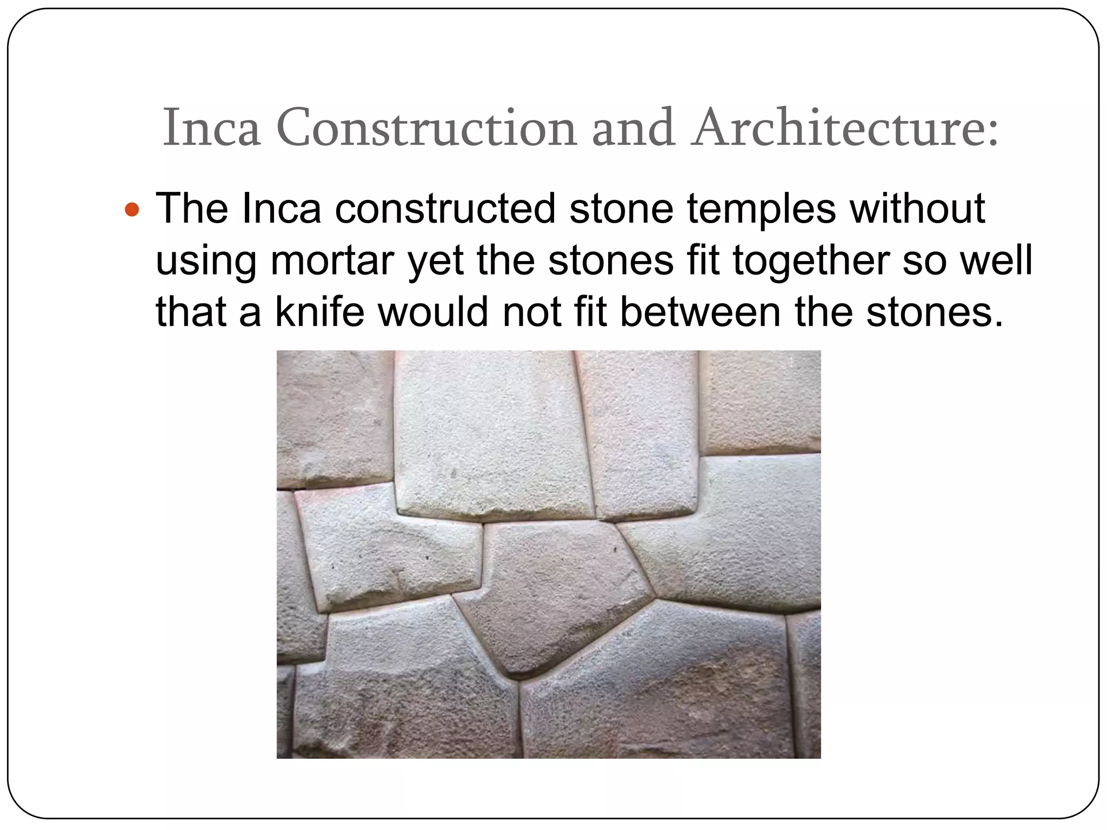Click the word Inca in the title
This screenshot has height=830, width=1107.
[211, 128]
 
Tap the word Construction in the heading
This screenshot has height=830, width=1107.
[426, 128]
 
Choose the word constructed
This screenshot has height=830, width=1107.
[445, 209]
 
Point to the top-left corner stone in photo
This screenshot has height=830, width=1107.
[332, 416]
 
